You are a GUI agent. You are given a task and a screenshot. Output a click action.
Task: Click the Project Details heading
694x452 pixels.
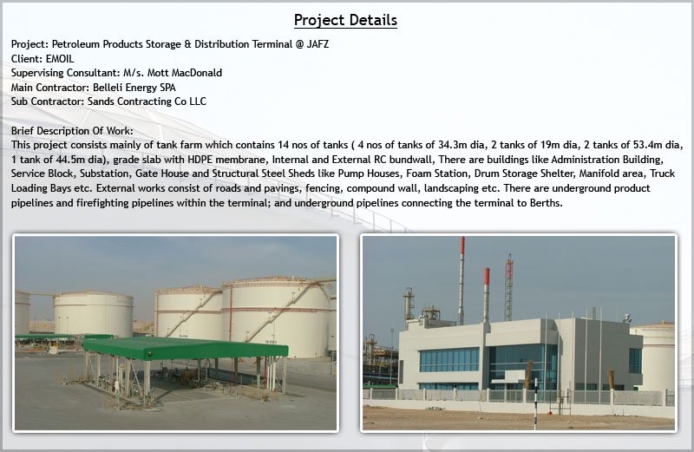345,20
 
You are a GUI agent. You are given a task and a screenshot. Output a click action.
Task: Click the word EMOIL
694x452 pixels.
60,58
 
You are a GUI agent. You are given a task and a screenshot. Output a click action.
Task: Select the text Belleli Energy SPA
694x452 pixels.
134,88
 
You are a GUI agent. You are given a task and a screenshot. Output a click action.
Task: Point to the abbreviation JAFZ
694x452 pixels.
318,44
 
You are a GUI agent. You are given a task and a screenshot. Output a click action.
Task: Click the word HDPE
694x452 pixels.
200,160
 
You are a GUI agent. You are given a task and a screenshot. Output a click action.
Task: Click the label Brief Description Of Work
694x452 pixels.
72,131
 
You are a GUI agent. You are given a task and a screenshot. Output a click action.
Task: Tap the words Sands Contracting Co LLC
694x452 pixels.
147,102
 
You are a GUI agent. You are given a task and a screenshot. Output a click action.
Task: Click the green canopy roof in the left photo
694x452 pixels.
186,349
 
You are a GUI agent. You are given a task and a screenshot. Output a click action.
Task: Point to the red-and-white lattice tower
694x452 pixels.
509,287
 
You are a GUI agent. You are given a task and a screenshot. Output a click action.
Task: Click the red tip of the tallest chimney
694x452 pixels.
462,246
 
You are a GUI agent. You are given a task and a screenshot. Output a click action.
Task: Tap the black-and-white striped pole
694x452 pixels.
535,403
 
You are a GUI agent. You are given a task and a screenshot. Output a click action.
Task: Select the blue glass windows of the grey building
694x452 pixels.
449,360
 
